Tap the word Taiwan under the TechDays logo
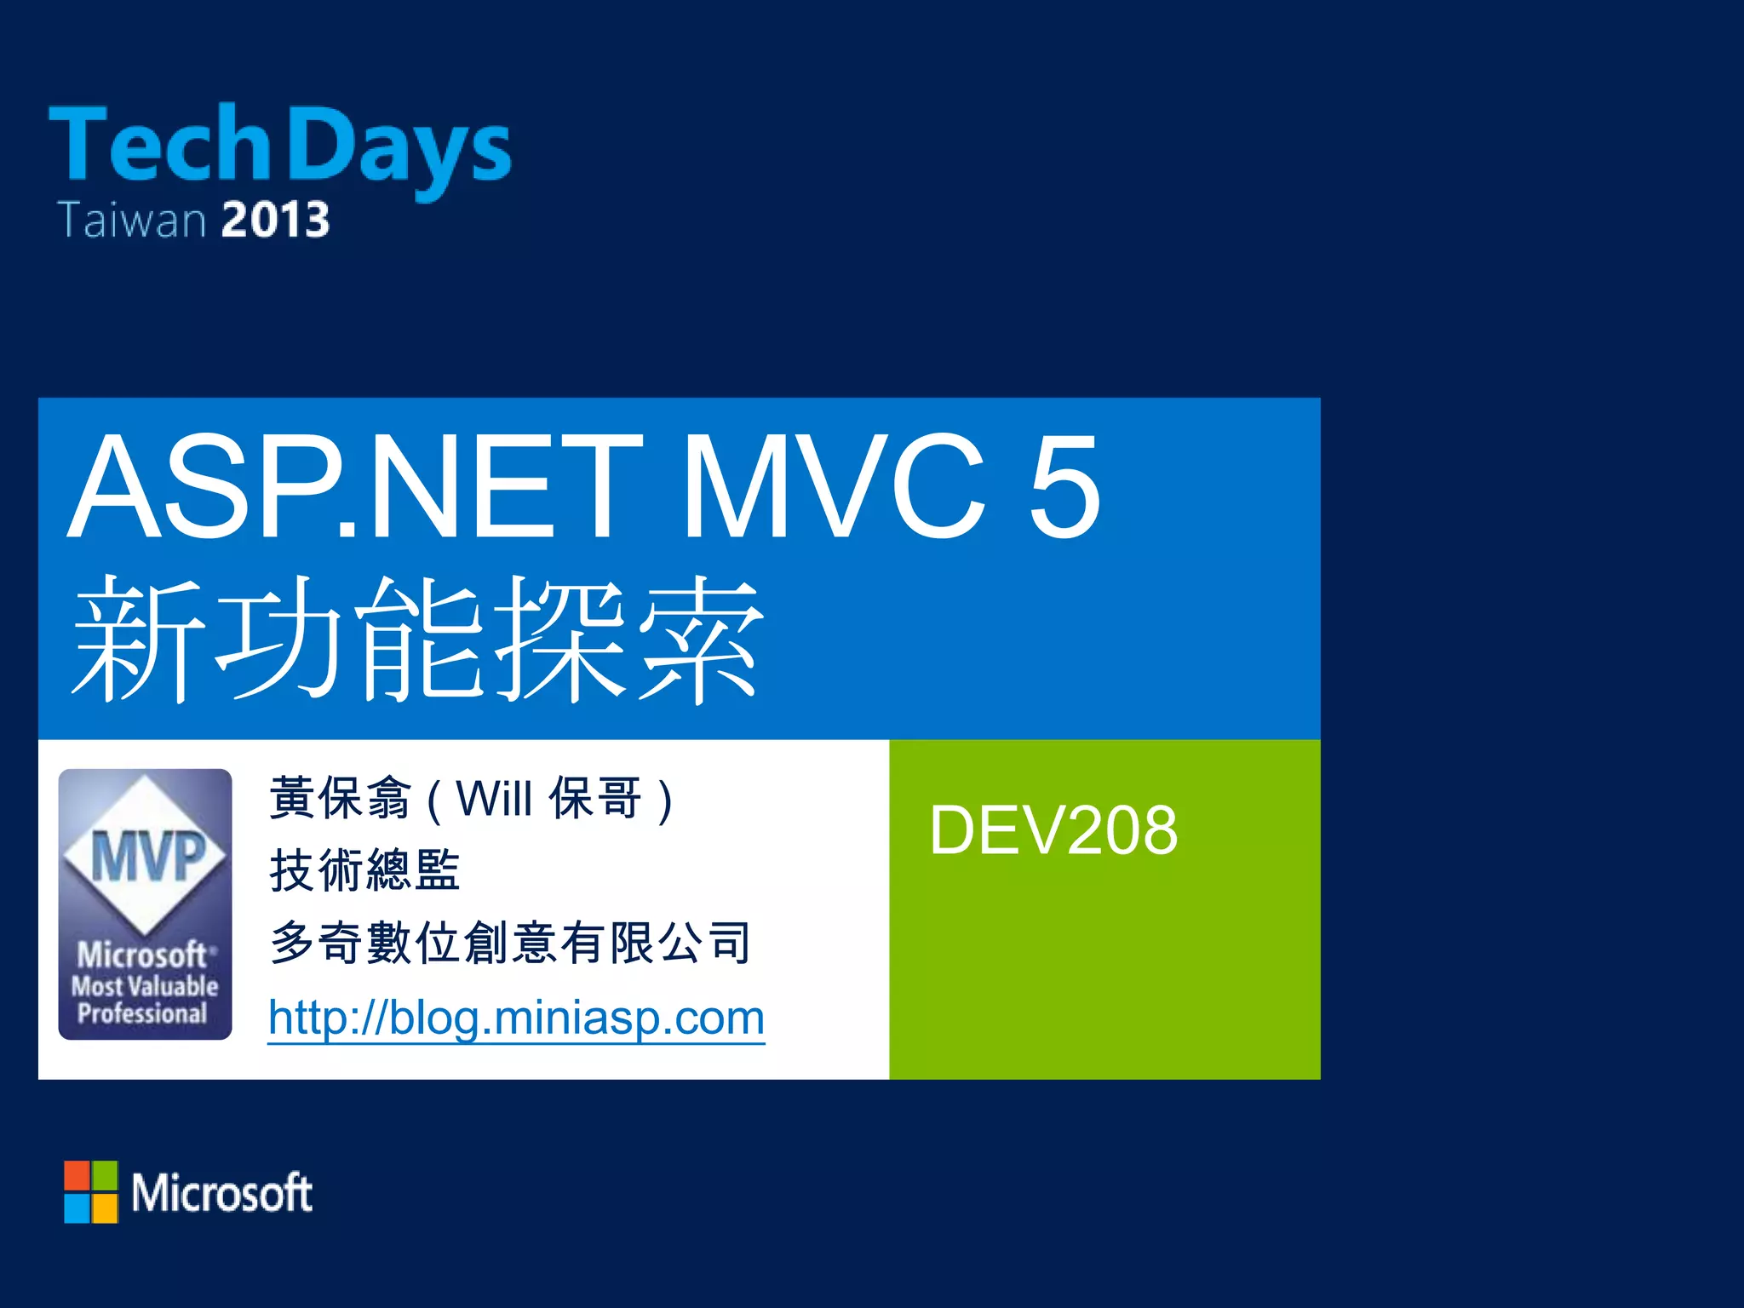(x=132, y=220)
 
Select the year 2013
(x=275, y=220)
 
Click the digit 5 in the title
(x=1064, y=487)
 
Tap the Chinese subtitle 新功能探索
(x=417, y=639)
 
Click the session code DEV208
(x=1053, y=830)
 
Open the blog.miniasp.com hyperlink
(x=516, y=1018)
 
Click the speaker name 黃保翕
(x=340, y=799)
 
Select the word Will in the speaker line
(x=494, y=799)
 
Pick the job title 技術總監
(x=364, y=870)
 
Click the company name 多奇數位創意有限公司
(x=510, y=944)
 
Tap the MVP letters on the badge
(x=146, y=856)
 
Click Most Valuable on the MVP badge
(x=145, y=986)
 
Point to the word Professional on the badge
(x=142, y=1013)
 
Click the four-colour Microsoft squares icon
(x=91, y=1191)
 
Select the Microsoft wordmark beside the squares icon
(x=221, y=1192)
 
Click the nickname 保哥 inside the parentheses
(x=595, y=799)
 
